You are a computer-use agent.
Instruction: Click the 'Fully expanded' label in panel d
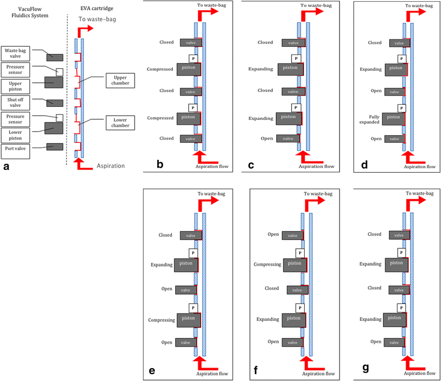point(371,117)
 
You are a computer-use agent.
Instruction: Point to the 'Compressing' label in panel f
point(266,263)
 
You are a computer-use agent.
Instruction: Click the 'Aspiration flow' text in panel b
point(211,167)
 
